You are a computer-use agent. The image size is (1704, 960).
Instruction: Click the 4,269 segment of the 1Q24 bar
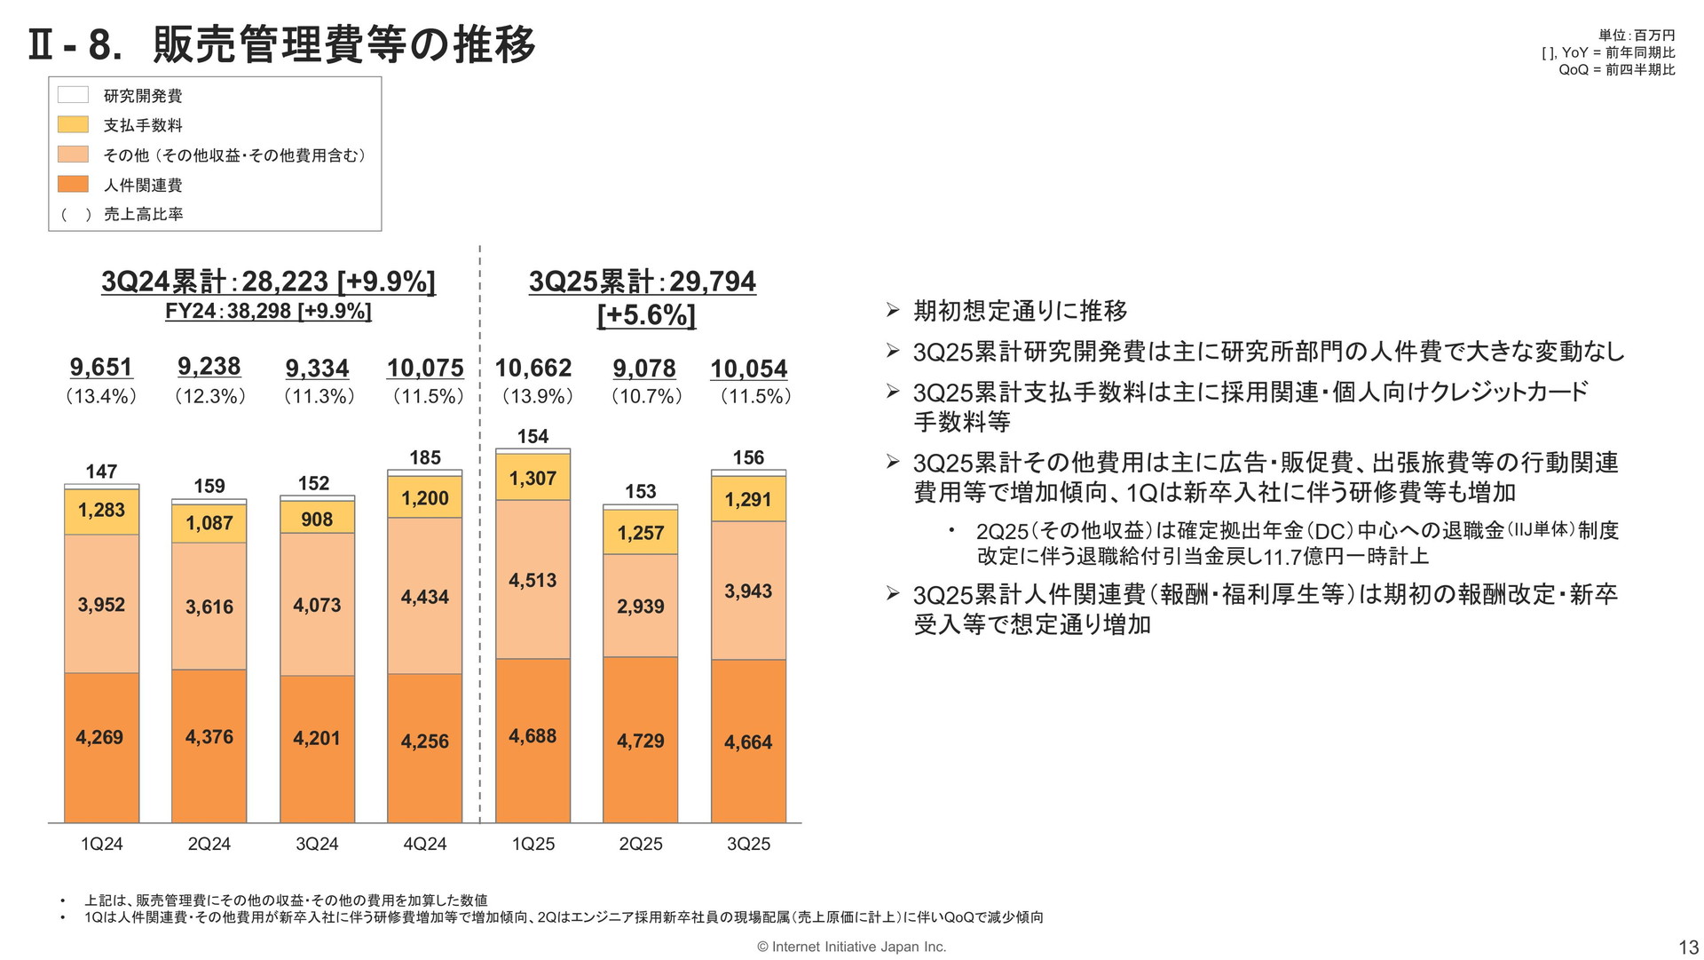pyautogui.click(x=101, y=748)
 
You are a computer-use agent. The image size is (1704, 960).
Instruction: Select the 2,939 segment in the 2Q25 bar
pyautogui.click(x=640, y=606)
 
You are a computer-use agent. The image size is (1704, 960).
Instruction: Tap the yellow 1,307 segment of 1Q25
pyautogui.click(x=532, y=477)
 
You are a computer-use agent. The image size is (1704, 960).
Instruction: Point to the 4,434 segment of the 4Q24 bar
pyautogui.click(x=424, y=596)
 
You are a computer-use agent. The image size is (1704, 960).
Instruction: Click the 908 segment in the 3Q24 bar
pyautogui.click(x=317, y=518)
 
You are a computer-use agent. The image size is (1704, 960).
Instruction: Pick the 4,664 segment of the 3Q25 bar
pyautogui.click(x=748, y=742)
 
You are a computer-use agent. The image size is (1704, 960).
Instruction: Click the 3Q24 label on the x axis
pyautogui.click(x=317, y=844)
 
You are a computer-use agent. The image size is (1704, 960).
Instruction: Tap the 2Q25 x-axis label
pyautogui.click(x=641, y=844)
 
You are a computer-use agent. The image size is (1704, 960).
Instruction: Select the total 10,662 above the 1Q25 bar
pyautogui.click(x=532, y=368)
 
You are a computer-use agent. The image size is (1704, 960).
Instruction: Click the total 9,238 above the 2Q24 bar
pyautogui.click(x=209, y=367)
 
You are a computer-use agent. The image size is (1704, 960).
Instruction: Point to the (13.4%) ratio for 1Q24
pyautogui.click(x=101, y=396)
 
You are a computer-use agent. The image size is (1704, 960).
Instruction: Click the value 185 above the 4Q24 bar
pyautogui.click(x=425, y=458)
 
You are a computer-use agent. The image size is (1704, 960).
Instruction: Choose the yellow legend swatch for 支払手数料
pyautogui.click(x=73, y=124)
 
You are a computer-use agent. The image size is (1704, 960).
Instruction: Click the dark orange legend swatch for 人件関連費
pyautogui.click(x=73, y=184)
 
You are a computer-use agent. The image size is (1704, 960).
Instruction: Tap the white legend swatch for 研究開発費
pyautogui.click(x=73, y=94)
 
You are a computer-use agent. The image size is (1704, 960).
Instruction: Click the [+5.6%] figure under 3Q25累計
pyautogui.click(x=646, y=315)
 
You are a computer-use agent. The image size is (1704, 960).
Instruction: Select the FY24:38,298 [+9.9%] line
pyautogui.click(x=268, y=311)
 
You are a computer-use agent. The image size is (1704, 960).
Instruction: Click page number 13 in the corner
pyautogui.click(x=1687, y=947)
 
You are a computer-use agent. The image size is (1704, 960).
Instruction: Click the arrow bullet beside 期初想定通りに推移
pyautogui.click(x=893, y=310)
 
